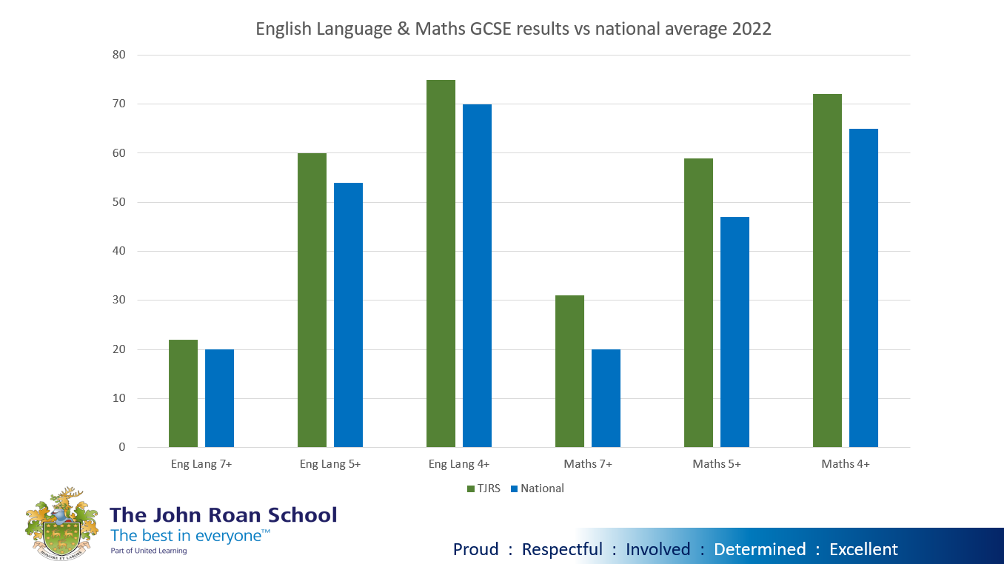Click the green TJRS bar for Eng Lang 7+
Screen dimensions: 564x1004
(x=183, y=393)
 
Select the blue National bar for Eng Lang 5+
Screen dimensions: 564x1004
(x=348, y=315)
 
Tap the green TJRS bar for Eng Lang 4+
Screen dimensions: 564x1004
(x=441, y=263)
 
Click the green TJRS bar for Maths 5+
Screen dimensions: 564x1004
(x=698, y=303)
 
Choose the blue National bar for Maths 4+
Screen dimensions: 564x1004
(x=863, y=288)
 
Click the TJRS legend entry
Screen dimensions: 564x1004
(x=486, y=489)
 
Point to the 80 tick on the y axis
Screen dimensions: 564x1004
(x=119, y=55)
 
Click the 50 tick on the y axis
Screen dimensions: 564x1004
(x=119, y=202)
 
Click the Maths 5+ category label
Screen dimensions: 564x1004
(x=717, y=465)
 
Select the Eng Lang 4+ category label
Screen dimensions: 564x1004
(x=459, y=465)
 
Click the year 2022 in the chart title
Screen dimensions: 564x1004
(x=749, y=29)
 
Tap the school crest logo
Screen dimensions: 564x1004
(x=61, y=523)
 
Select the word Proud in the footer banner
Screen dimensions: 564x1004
(x=476, y=549)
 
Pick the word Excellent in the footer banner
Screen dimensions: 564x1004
(x=863, y=549)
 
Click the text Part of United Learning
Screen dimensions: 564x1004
(x=148, y=551)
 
